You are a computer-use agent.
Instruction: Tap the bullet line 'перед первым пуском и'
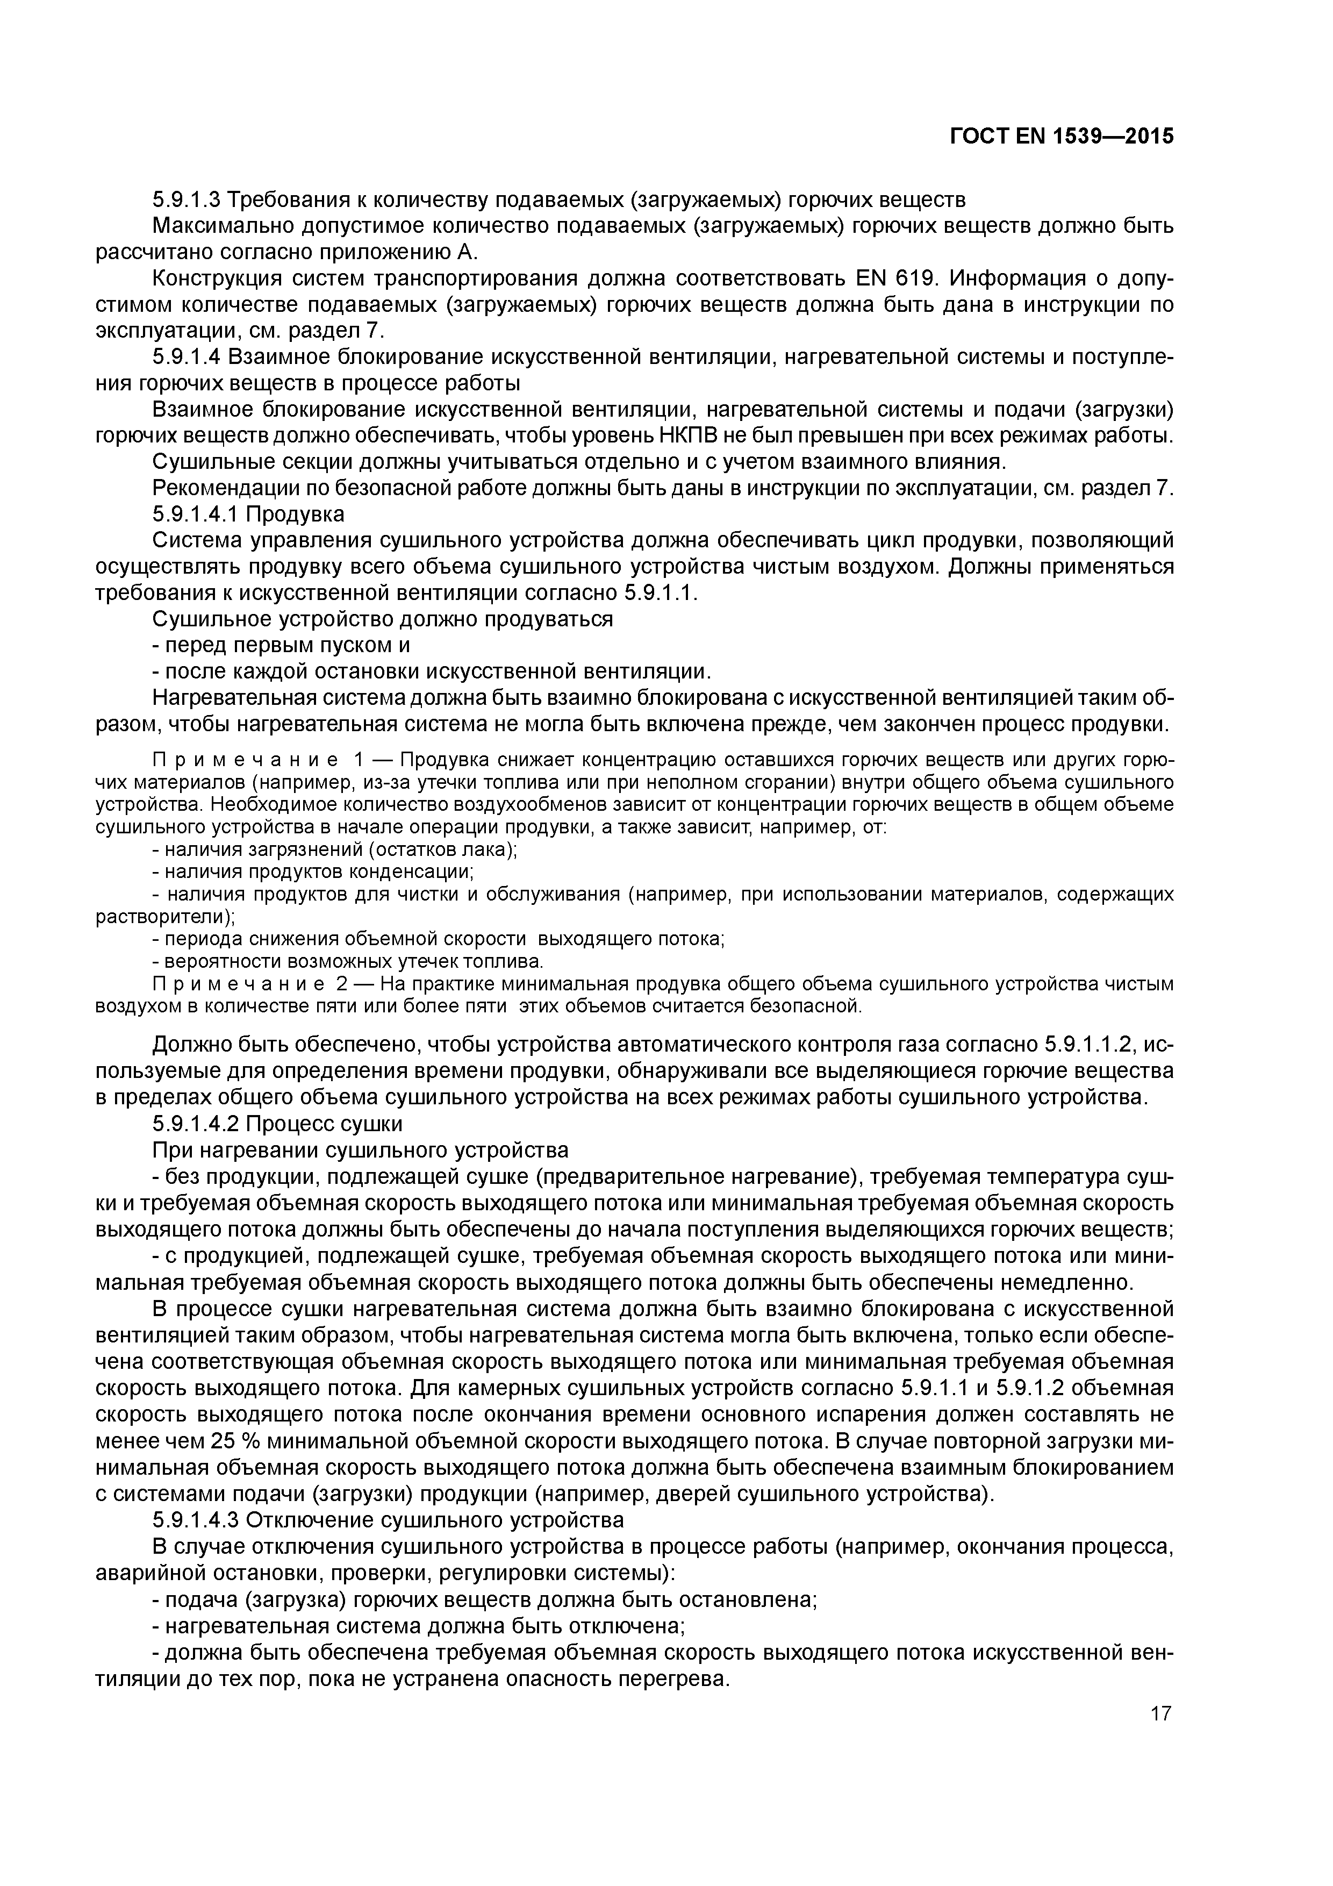coord(281,646)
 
